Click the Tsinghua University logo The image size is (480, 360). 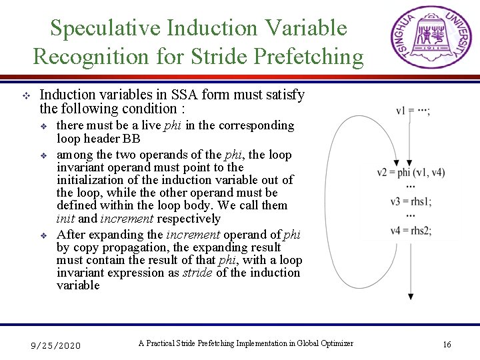coord(430,37)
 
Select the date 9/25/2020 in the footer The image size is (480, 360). coord(57,345)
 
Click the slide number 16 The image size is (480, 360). coord(447,345)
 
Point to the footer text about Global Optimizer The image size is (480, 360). coord(245,343)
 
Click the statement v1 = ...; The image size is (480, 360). coord(413,111)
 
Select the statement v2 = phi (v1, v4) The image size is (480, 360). coord(411,172)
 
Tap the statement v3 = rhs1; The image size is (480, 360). coord(411,201)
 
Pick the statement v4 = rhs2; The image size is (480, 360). coord(411,231)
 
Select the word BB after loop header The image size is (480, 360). coord(132,139)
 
